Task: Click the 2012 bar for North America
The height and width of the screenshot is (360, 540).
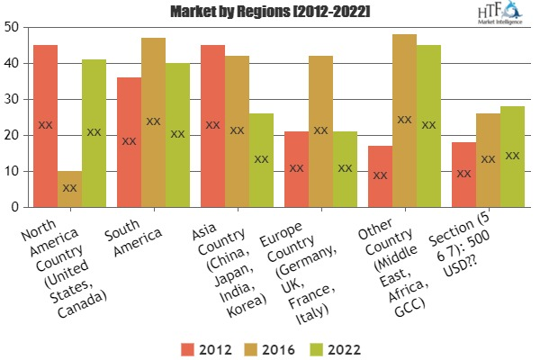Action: (45, 126)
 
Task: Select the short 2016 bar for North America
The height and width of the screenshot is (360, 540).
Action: (69, 189)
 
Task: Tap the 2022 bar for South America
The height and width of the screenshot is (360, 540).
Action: (177, 135)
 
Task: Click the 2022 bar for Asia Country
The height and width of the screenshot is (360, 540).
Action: (261, 160)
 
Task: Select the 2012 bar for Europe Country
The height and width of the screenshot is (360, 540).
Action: (296, 169)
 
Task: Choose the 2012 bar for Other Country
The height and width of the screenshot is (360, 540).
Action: (380, 176)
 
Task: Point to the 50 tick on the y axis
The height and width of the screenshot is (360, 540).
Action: (13, 27)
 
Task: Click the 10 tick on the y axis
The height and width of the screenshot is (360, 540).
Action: (13, 171)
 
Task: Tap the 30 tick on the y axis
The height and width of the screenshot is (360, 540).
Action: (13, 99)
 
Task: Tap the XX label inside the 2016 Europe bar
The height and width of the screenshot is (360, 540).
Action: (321, 130)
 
